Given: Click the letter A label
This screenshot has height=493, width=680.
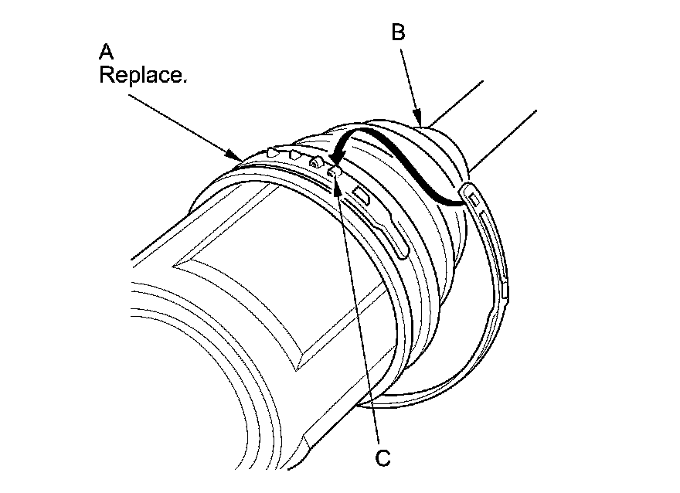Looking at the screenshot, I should point(107,53).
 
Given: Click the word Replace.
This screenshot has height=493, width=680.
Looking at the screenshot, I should point(143,77).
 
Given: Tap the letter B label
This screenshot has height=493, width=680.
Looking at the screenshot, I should point(399,32).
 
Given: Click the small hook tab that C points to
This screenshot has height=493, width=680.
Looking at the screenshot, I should point(332,172).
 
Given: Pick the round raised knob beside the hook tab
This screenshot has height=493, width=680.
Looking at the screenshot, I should point(315,163).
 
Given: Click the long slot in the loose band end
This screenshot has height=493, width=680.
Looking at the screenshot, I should point(497,247).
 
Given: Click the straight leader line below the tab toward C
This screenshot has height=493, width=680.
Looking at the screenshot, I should point(359,309).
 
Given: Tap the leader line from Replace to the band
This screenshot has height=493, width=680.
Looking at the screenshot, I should point(185,123).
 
